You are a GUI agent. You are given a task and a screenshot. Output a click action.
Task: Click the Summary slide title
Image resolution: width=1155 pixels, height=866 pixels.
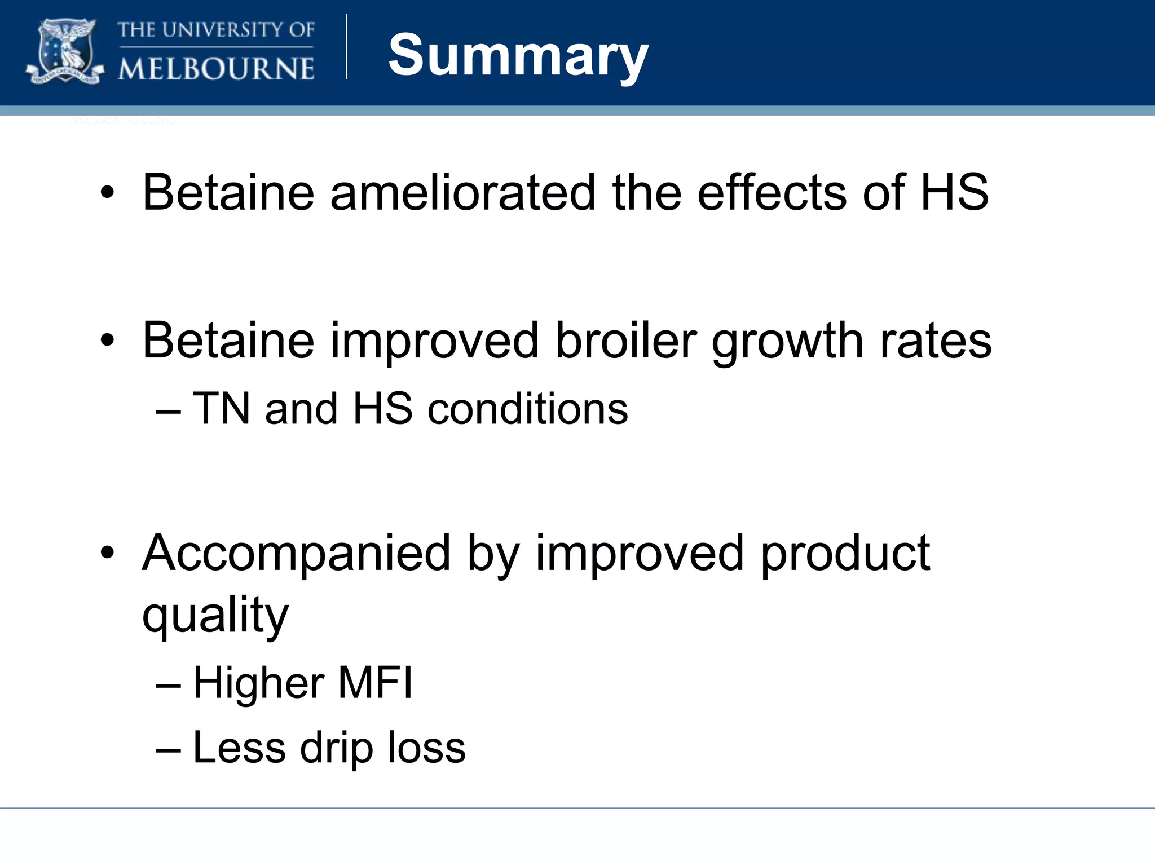pos(518,55)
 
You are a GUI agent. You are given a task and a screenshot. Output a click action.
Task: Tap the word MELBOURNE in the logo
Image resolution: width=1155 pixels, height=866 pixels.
pos(216,69)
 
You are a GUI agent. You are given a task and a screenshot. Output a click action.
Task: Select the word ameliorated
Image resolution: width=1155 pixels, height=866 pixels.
pos(462,193)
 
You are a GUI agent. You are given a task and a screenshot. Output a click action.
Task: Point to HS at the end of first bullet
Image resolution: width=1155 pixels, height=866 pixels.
pos(954,193)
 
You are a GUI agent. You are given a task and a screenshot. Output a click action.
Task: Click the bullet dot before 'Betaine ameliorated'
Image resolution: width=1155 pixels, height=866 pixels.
pos(107,193)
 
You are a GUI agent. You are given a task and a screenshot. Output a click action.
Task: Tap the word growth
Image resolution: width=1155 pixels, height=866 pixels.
pos(787,342)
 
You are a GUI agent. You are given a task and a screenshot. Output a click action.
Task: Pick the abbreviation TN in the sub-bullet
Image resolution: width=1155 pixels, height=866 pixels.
pos(221,408)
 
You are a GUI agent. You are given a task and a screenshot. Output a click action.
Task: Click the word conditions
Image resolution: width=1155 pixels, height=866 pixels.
pos(527,408)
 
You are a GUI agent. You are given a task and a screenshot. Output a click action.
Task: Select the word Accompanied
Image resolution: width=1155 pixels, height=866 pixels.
pos(296,554)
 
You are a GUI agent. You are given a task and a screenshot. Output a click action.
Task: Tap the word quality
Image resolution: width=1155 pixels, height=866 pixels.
pos(215,616)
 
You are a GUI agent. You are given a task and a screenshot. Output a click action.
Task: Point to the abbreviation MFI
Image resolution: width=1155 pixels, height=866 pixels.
pos(375,683)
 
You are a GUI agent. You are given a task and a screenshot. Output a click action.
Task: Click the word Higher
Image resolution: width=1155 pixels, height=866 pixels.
pos(258,683)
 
